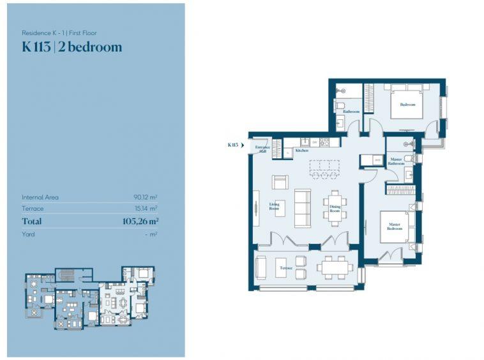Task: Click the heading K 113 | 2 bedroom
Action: tap(72, 47)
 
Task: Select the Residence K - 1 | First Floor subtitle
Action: tap(59, 33)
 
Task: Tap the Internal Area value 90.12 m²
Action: tap(146, 197)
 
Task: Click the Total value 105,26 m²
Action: tap(140, 221)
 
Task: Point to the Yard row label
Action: tap(28, 234)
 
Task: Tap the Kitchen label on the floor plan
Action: tap(301, 151)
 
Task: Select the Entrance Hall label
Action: tap(262, 149)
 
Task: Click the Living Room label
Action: tap(274, 207)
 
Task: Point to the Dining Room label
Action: tap(335, 208)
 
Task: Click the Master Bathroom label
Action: tap(396, 161)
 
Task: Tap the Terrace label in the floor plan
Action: tap(285, 268)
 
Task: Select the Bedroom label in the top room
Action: tap(407, 105)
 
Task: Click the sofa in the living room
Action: tap(302, 208)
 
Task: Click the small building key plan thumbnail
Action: tap(89, 300)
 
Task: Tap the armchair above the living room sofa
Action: tap(280, 181)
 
